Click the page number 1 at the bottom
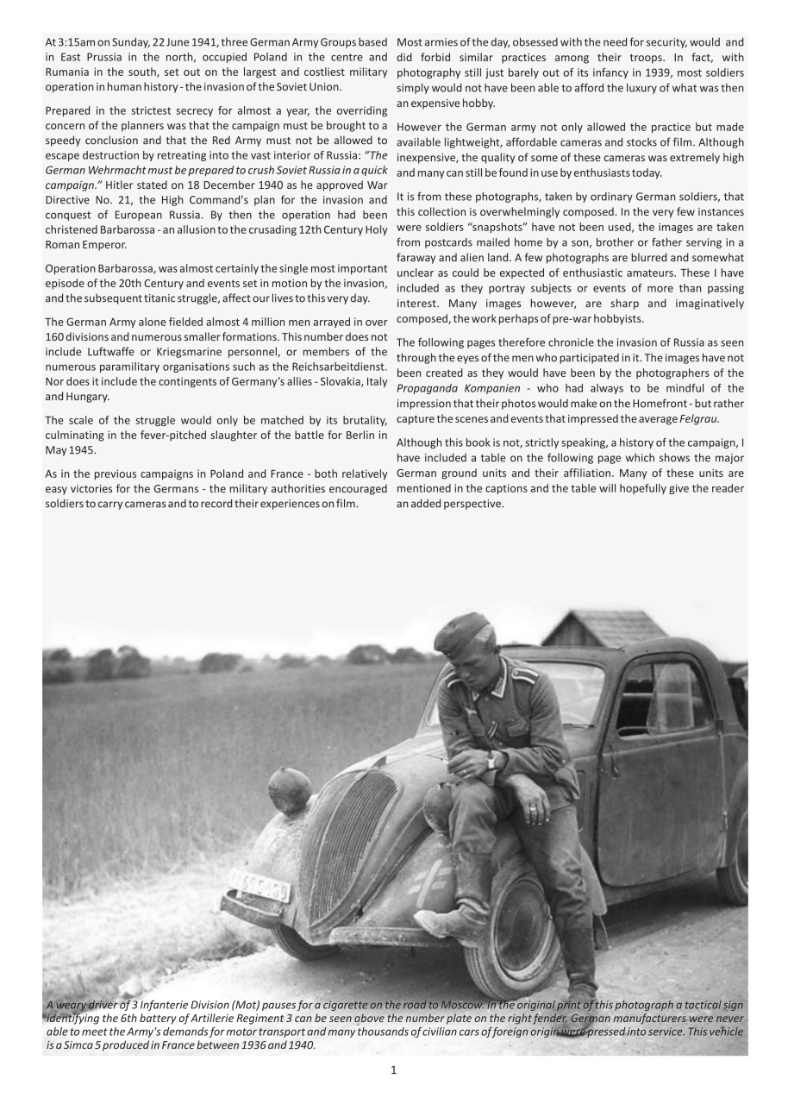(393, 1070)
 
